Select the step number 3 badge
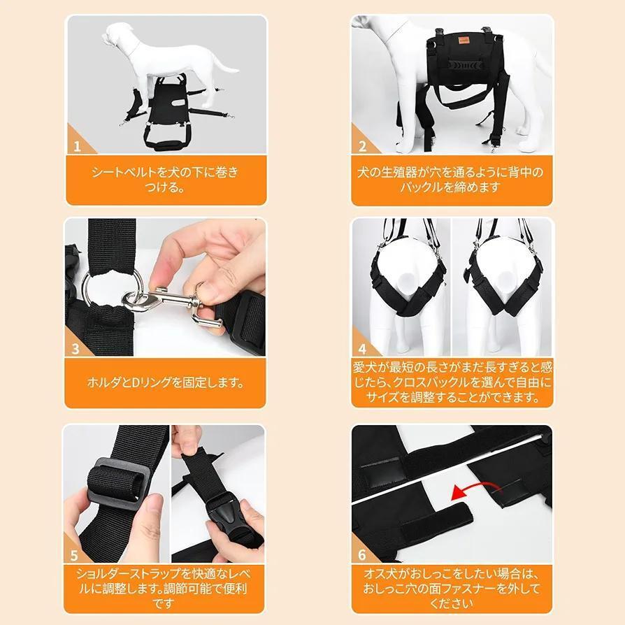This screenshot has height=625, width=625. coord(76,349)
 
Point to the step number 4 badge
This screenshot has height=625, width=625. coord(362,349)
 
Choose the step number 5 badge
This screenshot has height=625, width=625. coord(74,555)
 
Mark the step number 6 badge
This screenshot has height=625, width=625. coord(362,554)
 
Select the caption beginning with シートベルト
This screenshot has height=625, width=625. coord(165,180)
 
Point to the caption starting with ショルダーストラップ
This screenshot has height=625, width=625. coord(164,589)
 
